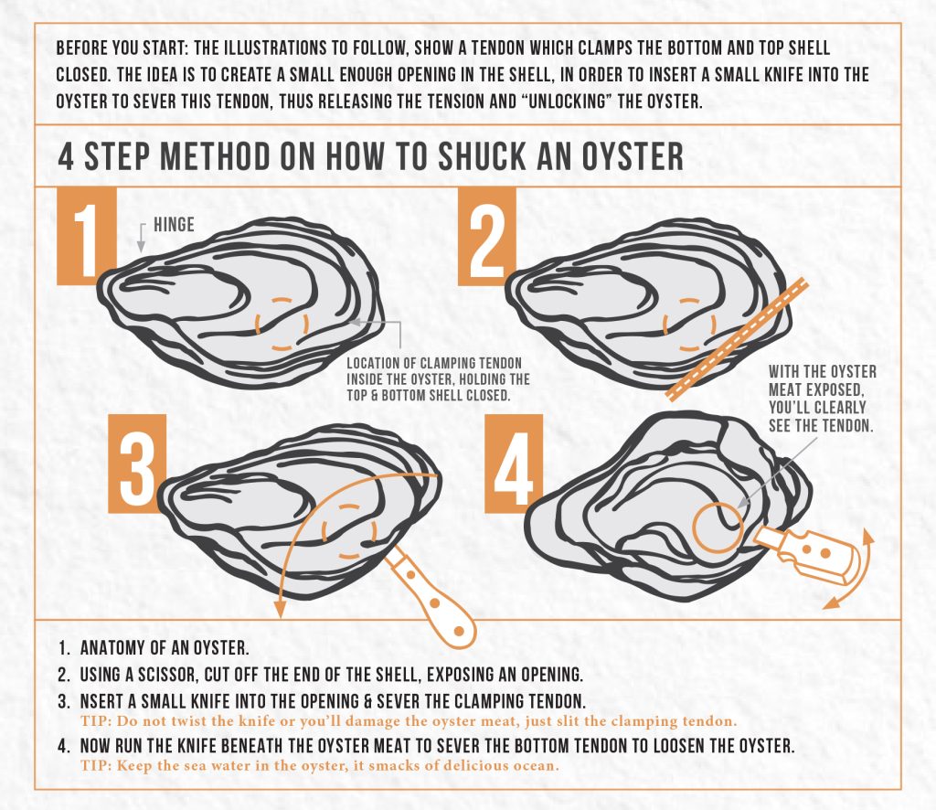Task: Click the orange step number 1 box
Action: click(x=87, y=236)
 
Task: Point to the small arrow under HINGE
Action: click(x=141, y=240)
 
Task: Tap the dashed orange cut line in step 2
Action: click(x=736, y=338)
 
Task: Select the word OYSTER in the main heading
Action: click(x=630, y=156)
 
